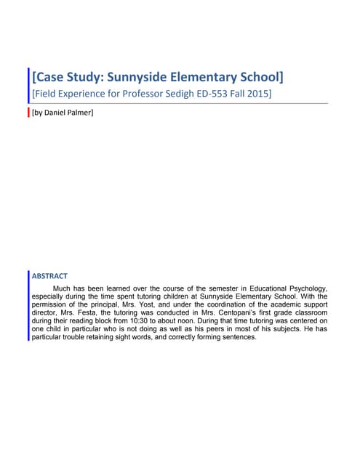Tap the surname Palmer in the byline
(81, 113)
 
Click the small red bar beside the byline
(28, 113)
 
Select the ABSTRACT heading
(50, 276)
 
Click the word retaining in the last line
(98, 336)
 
